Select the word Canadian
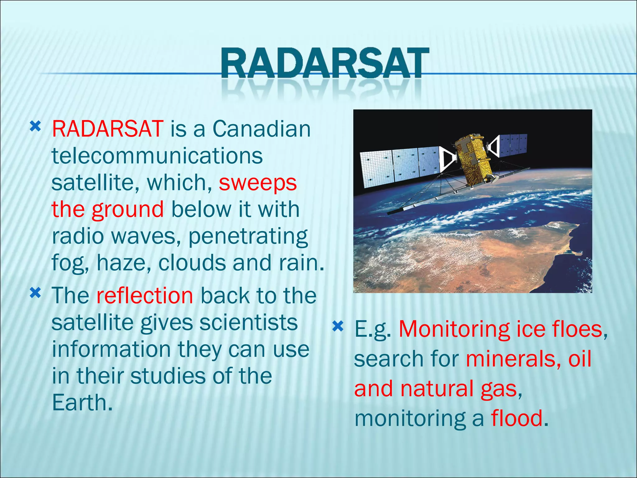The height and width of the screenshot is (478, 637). [x=261, y=129]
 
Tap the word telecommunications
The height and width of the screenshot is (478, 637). [x=157, y=156]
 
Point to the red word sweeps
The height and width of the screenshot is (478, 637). [x=258, y=183]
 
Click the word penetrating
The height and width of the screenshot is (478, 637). [x=248, y=237]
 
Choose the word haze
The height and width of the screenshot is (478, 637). [x=123, y=263]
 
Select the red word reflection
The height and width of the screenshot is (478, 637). [x=145, y=296]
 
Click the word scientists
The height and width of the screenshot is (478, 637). [x=248, y=323]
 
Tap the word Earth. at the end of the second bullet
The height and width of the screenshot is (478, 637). [x=82, y=403]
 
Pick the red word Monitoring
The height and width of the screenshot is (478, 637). [x=454, y=329]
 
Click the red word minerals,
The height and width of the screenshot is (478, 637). [x=513, y=359]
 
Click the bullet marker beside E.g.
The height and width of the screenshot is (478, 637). [x=338, y=326]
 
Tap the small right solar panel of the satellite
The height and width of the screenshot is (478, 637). [x=512, y=144]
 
